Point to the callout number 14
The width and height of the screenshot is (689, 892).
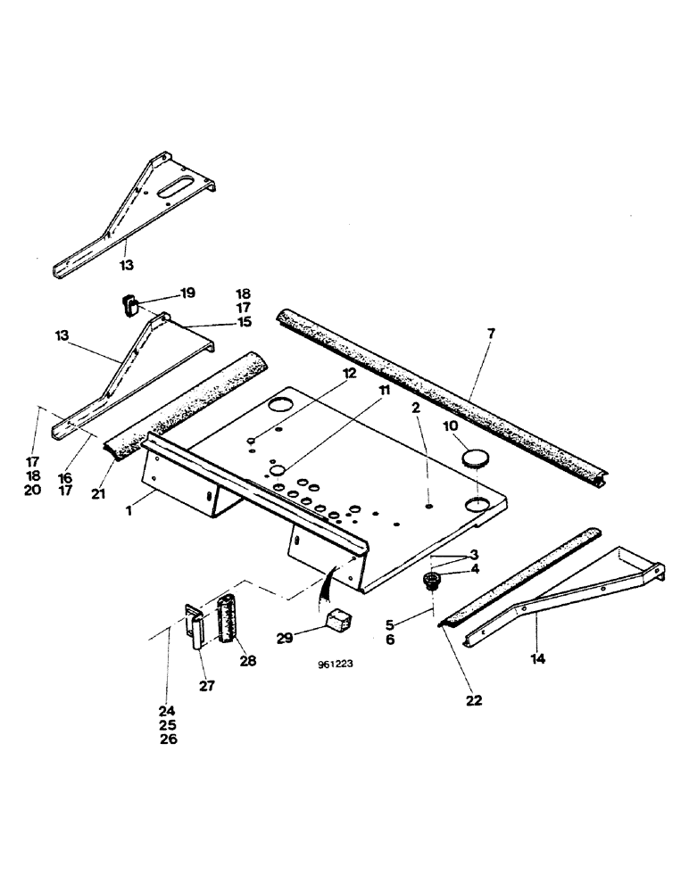tap(535, 659)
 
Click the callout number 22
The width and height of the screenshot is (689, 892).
tap(473, 700)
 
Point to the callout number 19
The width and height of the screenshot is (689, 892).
tap(188, 293)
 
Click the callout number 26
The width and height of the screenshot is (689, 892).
tap(169, 739)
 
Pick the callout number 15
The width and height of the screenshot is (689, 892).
tap(244, 321)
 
